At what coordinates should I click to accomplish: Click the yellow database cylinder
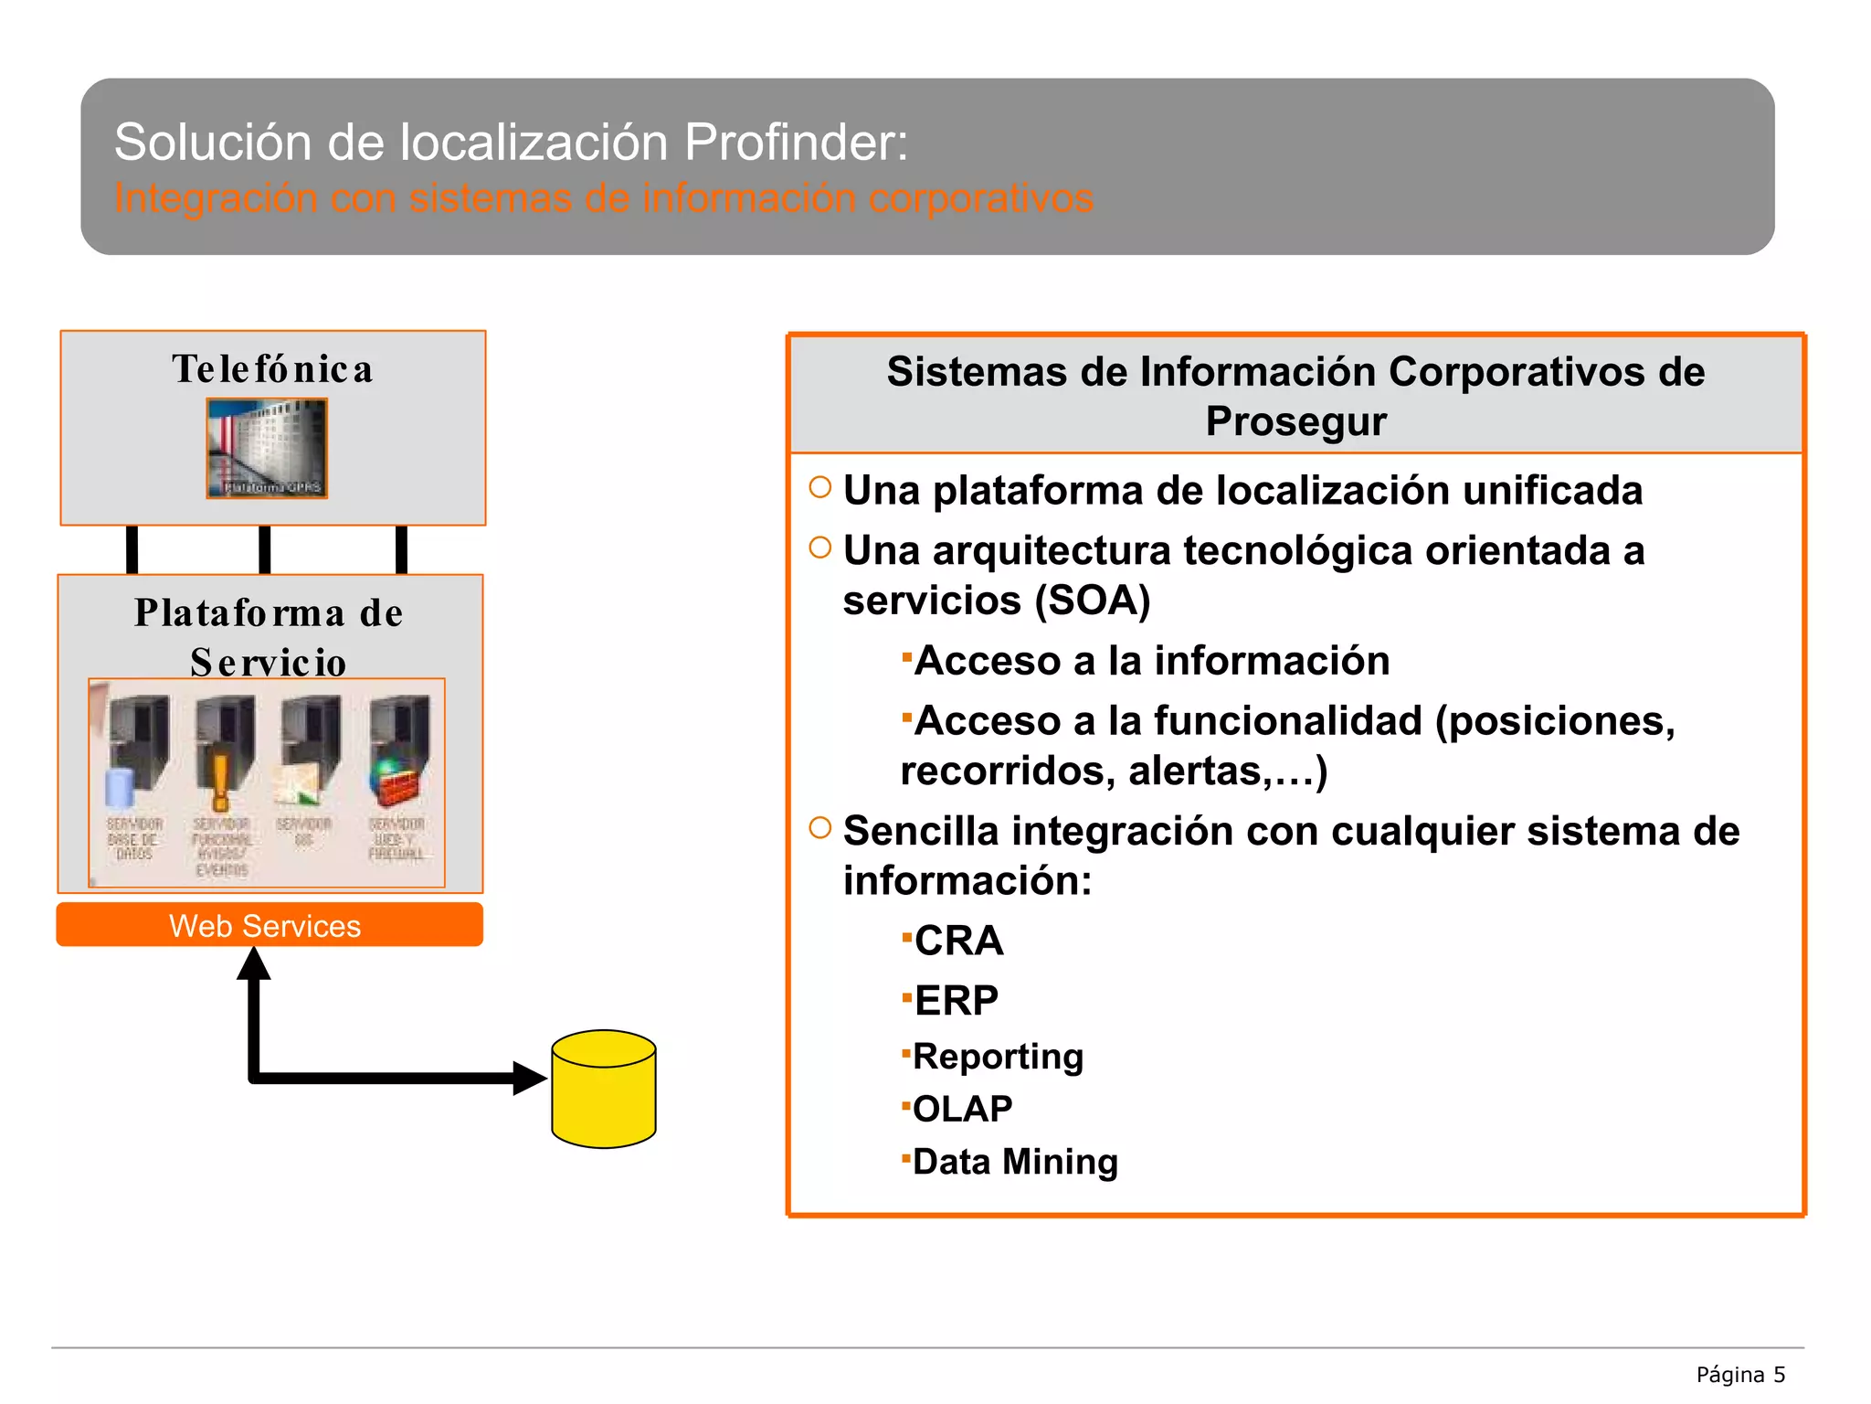click(604, 1089)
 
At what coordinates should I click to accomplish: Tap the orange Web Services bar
click(270, 925)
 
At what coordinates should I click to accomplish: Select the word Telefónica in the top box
click(272, 369)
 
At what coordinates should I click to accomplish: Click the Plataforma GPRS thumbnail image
click(267, 448)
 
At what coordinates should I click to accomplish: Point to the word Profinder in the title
click(796, 143)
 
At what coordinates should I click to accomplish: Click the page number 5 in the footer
click(1779, 1375)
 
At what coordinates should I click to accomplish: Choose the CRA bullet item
click(958, 941)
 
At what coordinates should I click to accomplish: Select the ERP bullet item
click(956, 1000)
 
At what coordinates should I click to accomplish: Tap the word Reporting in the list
click(998, 1056)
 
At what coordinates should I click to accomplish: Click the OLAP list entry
click(962, 1109)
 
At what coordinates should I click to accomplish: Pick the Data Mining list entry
click(1015, 1162)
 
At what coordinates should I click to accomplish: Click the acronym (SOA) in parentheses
click(1092, 601)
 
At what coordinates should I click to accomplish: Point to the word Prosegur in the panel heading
click(1295, 421)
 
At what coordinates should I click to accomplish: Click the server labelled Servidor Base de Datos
click(136, 750)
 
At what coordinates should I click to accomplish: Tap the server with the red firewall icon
click(398, 750)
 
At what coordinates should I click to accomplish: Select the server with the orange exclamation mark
click(223, 750)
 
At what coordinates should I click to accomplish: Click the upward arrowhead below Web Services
click(254, 964)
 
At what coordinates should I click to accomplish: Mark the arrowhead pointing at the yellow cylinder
click(529, 1078)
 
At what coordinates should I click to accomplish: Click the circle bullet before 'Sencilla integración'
click(820, 828)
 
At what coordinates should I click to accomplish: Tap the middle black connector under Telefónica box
click(265, 549)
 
